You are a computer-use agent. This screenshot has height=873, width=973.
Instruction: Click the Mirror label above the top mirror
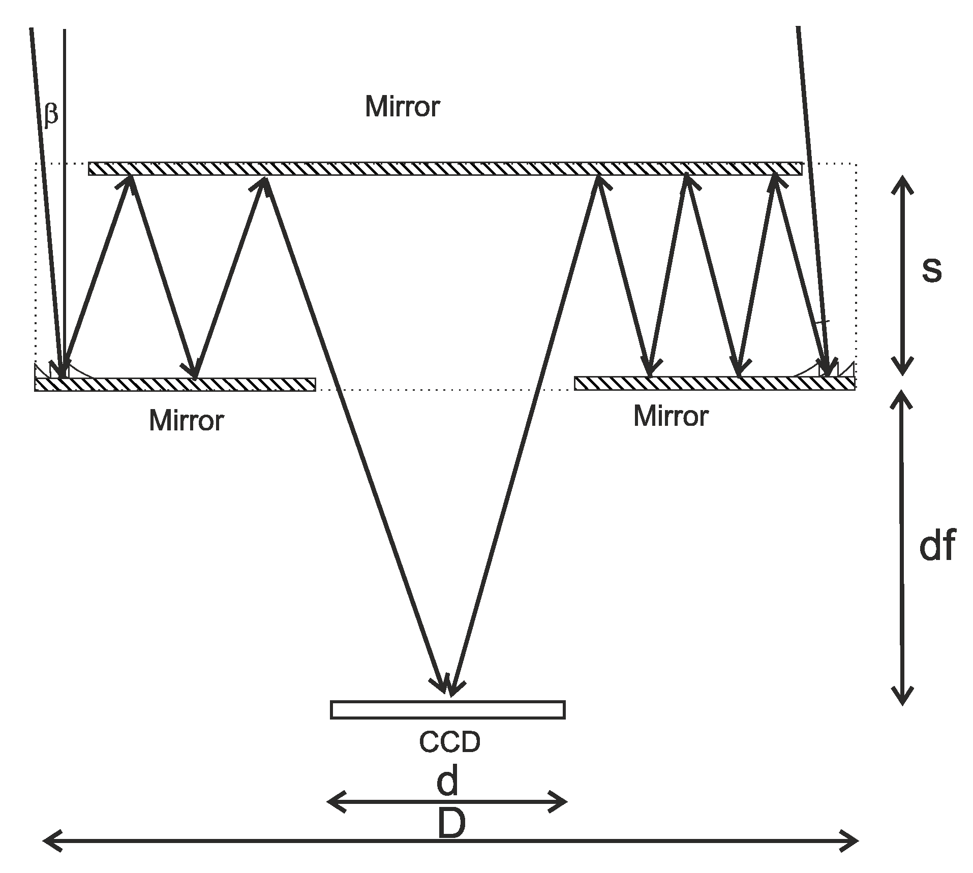click(x=402, y=107)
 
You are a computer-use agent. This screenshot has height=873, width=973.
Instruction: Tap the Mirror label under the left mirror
click(x=186, y=421)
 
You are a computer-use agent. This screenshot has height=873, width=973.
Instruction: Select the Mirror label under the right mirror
click(x=671, y=417)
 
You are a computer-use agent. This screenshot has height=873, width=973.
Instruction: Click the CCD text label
click(x=449, y=742)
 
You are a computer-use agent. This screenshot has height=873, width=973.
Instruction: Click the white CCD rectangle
click(x=447, y=710)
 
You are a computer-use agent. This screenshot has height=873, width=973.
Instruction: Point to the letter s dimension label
click(x=931, y=269)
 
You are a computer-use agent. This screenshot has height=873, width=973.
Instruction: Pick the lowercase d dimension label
click(x=447, y=782)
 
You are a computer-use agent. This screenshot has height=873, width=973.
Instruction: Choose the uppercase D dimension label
click(x=451, y=824)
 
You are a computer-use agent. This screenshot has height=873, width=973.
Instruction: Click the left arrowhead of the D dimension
click(x=51, y=841)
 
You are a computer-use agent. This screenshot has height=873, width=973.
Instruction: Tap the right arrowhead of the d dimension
click(x=559, y=802)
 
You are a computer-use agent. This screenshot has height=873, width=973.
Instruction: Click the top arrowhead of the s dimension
click(x=902, y=184)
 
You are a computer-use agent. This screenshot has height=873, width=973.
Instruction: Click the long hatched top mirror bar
click(x=445, y=169)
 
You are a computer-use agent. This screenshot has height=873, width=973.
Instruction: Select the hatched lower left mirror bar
click(x=175, y=385)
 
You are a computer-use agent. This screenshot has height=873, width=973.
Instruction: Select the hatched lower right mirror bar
click(x=714, y=383)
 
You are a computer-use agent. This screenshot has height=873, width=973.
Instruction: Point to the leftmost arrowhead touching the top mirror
click(x=131, y=183)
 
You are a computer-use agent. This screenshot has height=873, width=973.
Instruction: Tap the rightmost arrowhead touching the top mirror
click(x=774, y=182)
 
